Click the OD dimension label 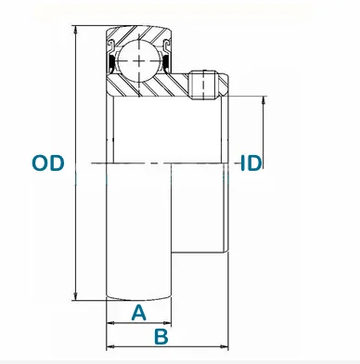(48, 162)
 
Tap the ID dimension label (251, 162)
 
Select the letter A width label (138, 312)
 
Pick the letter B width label (161, 336)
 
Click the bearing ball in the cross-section (139, 61)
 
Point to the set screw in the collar (204, 85)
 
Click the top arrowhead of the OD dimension (75, 30)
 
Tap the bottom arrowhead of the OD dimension (75, 296)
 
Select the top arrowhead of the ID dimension (264, 100)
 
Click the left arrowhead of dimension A (110, 323)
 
